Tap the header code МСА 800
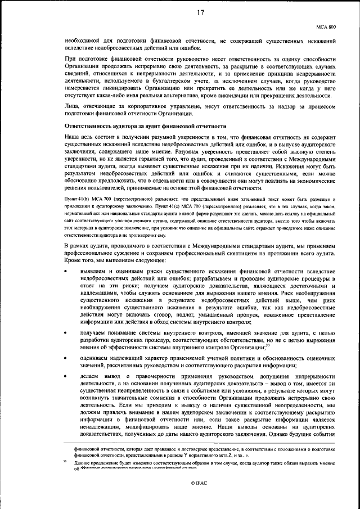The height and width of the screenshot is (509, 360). pyautogui.click(x=325, y=26)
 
